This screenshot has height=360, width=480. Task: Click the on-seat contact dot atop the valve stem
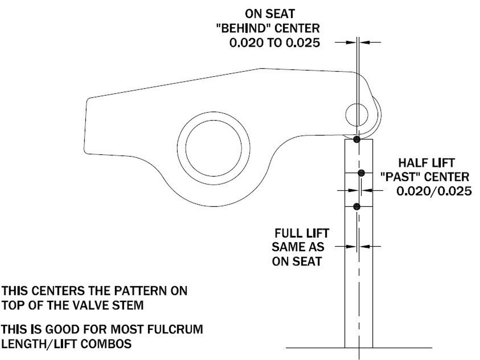(357, 139)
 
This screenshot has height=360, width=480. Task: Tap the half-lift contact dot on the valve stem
(361, 173)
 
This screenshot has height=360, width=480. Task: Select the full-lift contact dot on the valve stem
(357, 207)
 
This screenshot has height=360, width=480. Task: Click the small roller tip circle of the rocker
(357, 115)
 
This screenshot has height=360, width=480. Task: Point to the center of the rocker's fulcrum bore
(213, 148)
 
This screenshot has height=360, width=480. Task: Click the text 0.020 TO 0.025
(275, 43)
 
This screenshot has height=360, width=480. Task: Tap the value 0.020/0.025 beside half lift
(434, 191)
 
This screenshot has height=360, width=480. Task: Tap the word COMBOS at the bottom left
(106, 344)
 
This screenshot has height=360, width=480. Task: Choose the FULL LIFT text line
(302, 233)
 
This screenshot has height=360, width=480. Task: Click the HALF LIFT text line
(426, 163)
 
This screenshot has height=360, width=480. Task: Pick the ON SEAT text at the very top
(270, 14)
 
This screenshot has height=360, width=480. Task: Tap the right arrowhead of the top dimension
(364, 42)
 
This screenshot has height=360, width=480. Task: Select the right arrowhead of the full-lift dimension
(365, 246)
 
